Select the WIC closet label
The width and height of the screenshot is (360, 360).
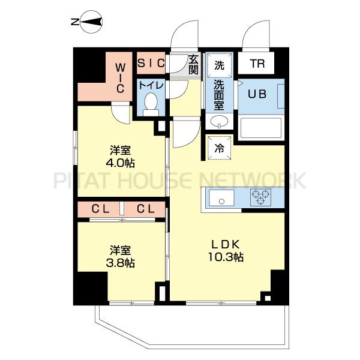(x=121, y=78)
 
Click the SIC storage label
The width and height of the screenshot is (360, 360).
(x=151, y=62)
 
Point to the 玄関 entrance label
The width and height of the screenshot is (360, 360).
(x=193, y=65)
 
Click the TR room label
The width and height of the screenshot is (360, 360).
(x=257, y=64)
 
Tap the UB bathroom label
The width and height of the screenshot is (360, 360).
(x=257, y=94)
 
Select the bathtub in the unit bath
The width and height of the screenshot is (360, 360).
(x=261, y=128)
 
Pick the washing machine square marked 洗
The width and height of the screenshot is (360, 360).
(x=220, y=65)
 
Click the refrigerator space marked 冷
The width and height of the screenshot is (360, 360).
(x=219, y=148)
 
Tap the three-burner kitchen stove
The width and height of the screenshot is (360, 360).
(x=260, y=197)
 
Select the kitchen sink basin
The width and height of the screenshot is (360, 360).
(x=221, y=197)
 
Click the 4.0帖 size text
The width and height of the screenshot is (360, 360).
(x=120, y=163)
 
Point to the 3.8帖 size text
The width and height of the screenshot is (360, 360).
(x=120, y=263)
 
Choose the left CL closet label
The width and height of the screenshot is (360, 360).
(x=100, y=209)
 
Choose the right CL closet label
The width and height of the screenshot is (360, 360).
(x=146, y=209)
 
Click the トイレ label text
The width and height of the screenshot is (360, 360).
(x=151, y=85)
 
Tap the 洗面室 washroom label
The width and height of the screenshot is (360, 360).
(x=219, y=95)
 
